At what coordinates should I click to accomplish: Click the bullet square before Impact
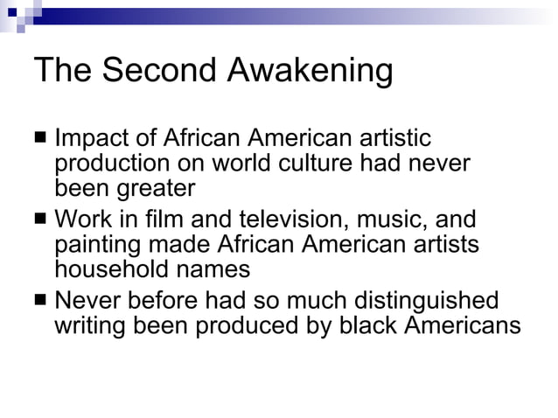point(41,139)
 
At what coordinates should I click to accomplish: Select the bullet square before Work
point(41,219)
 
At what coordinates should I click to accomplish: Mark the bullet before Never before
point(41,301)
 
